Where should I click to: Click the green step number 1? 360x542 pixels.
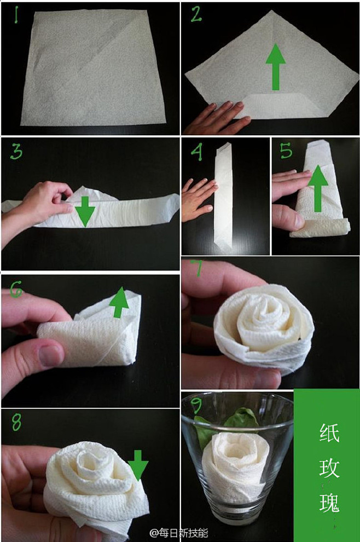click(x=16, y=15)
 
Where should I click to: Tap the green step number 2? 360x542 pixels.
click(x=196, y=15)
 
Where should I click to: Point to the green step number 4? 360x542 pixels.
click(x=196, y=152)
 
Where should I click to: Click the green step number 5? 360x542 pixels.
click(x=286, y=151)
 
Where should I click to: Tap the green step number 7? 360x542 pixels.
click(x=198, y=268)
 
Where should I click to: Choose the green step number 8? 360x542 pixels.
click(x=16, y=422)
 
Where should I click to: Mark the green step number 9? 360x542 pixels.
click(x=197, y=405)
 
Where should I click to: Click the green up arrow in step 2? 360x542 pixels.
click(x=275, y=67)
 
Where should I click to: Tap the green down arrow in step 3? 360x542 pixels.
click(x=85, y=211)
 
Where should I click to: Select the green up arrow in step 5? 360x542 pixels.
click(x=318, y=188)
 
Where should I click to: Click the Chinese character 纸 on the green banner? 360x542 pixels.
click(x=329, y=433)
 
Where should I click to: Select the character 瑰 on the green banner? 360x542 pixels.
click(x=329, y=502)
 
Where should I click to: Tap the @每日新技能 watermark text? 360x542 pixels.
click(x=178, y=533)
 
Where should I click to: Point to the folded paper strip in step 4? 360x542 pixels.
click(x=223, y=194)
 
